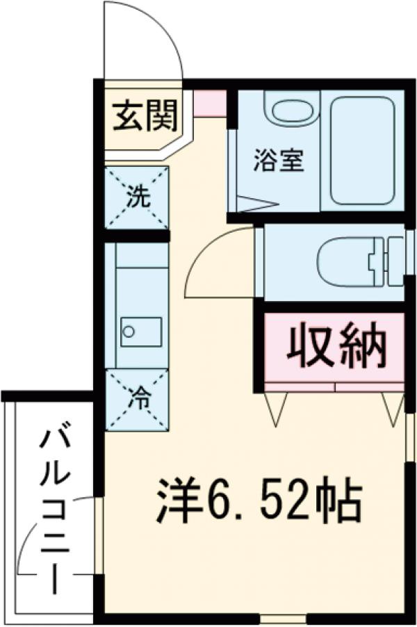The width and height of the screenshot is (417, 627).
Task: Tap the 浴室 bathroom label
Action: pos(277,162)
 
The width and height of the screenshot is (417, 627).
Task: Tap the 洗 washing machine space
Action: pos(137,197)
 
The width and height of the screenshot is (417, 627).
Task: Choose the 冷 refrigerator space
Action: pos(137,399)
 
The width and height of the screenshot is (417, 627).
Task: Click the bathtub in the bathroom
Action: pos(362,150)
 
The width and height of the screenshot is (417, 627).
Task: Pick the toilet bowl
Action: pos(345,262)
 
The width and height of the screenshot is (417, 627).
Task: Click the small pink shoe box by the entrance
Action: pos(210,104)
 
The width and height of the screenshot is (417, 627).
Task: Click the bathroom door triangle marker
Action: pos(256,204)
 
